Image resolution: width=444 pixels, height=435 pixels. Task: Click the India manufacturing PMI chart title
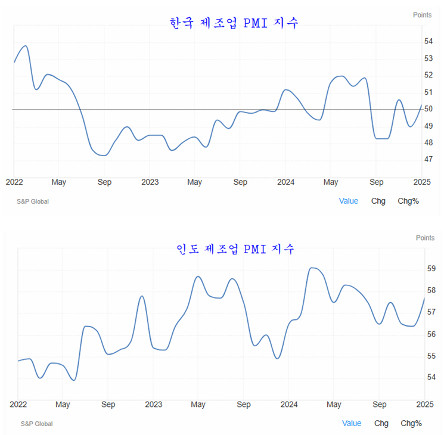point(235,248)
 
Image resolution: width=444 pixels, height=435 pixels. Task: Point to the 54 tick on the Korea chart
point(429,41)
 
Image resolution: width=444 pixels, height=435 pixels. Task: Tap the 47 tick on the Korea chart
point(429,159)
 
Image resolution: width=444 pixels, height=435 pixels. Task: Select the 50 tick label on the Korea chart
point(429,109)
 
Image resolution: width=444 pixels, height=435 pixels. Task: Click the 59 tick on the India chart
point(431,269)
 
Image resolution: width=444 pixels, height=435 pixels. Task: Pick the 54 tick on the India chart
point(431,377)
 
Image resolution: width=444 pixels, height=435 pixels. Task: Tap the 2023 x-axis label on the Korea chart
point(150,182)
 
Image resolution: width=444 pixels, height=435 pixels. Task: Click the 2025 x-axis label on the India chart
point(424,405)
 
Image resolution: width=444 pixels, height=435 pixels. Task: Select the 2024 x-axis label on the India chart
point(288,405)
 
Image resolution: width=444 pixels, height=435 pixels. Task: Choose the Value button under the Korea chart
point(349,201)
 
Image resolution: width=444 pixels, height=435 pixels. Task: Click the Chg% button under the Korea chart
point(408,201)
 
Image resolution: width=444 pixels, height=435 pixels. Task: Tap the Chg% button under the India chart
point(411,423)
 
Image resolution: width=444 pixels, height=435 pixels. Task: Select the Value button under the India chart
point(352,423)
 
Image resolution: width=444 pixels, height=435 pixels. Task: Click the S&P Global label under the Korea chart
point(33,201)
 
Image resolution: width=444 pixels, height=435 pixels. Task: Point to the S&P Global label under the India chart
point(36,424)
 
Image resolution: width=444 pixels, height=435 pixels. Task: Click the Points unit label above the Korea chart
point(422,15)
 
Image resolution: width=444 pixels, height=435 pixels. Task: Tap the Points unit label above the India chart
point(425,238)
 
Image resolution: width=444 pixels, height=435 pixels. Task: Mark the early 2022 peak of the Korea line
point(24,46)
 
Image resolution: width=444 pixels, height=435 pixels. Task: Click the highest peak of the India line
point(313,268)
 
